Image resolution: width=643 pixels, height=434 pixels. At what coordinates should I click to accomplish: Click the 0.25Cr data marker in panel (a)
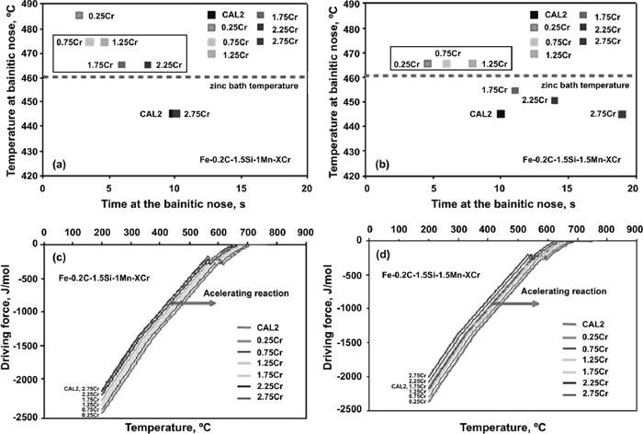tap(79, 16)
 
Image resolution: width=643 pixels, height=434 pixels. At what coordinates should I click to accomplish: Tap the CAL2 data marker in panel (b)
tap(501, 114)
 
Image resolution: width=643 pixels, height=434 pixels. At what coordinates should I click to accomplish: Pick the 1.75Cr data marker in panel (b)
tap(515, 90)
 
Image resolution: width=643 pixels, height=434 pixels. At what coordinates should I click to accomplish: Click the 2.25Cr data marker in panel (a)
tap(148, 64)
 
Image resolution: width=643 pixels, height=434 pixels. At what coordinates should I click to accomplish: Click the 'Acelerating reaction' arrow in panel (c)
tap(197, 302)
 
